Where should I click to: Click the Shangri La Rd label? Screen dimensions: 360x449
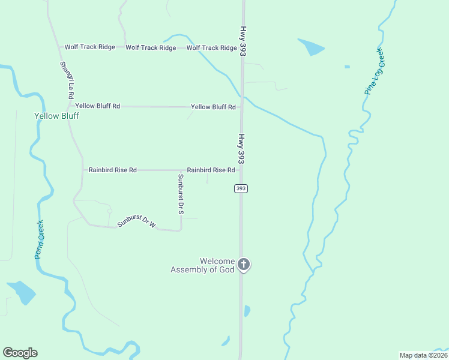pyautogui.click(x=67, y=80)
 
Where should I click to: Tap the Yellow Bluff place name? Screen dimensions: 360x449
pyautogui.click(x=57, y=116)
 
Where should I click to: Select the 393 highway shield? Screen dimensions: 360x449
pyautogui.click(x=241, y=188)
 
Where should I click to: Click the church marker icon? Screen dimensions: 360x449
pyautogui.click(x=244, y=265)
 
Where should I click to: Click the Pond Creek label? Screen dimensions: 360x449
pyautogui.click(x=39, y=239)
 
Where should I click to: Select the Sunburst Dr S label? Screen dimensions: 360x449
pyautogui.click(x=180, y=194)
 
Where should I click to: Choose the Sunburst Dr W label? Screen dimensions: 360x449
pyautogui.click(x=137, y=221)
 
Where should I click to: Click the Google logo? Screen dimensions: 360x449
pyautogui.click(x=20, y=353)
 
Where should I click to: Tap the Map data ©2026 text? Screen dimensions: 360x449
pyautogui.click(x=424, y=355)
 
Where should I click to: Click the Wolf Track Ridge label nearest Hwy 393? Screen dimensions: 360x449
pyautogui.click(x=211, y=48)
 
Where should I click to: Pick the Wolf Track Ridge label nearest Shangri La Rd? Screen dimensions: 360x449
pyautogui.click(x=89, y=47)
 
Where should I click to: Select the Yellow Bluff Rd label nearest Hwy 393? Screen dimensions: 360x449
pyautogui.click(x=213, y=107)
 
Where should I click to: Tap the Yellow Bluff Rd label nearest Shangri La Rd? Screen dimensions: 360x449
pyautogui.click(x=97, y=106)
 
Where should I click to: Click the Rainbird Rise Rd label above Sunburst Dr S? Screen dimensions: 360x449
pyautogui.click(x=210, y=170)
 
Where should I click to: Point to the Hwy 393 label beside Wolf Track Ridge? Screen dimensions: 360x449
pyautogui.click(x=243, y=41)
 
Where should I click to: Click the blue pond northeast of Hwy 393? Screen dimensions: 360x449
pyautogui.click(x=311, y=46)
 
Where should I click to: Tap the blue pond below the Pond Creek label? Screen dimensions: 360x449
pyautogui.click(x=23, y=292)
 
